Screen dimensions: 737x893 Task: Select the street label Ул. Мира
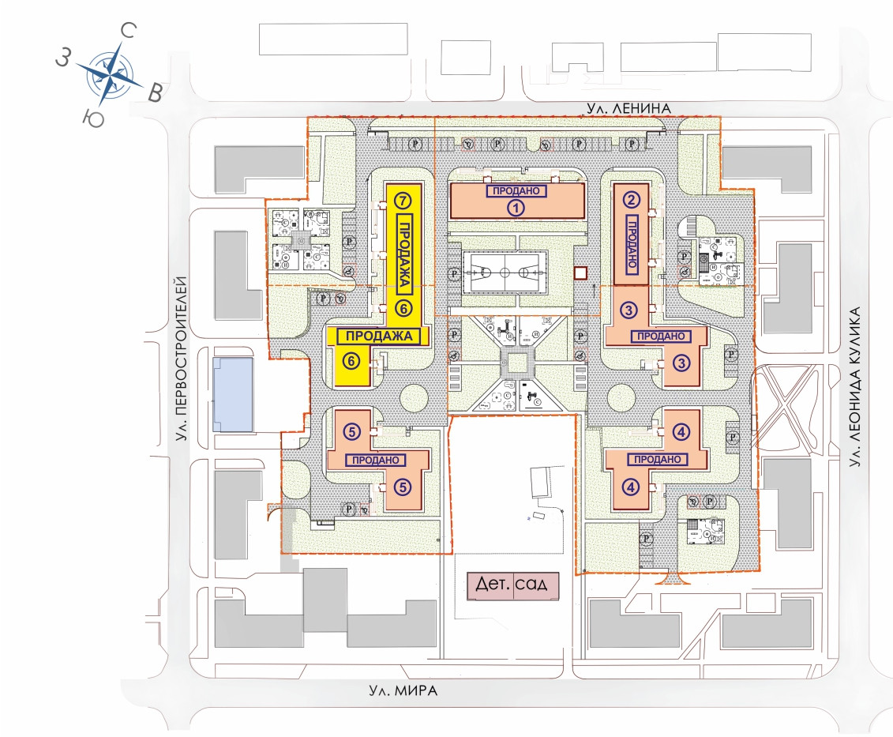coord(403,690)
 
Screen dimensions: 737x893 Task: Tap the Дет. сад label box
coord(512,585)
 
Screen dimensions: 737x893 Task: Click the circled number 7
coord(403,199)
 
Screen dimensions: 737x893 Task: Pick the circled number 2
coord(631,199)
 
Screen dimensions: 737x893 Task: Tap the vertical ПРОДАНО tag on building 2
coord(632,243)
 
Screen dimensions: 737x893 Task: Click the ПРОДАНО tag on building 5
coord(376,459)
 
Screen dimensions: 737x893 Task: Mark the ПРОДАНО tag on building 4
coord(654,459)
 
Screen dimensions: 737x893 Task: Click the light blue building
coord(232,393)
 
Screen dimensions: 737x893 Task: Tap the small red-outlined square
coord(581,273)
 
